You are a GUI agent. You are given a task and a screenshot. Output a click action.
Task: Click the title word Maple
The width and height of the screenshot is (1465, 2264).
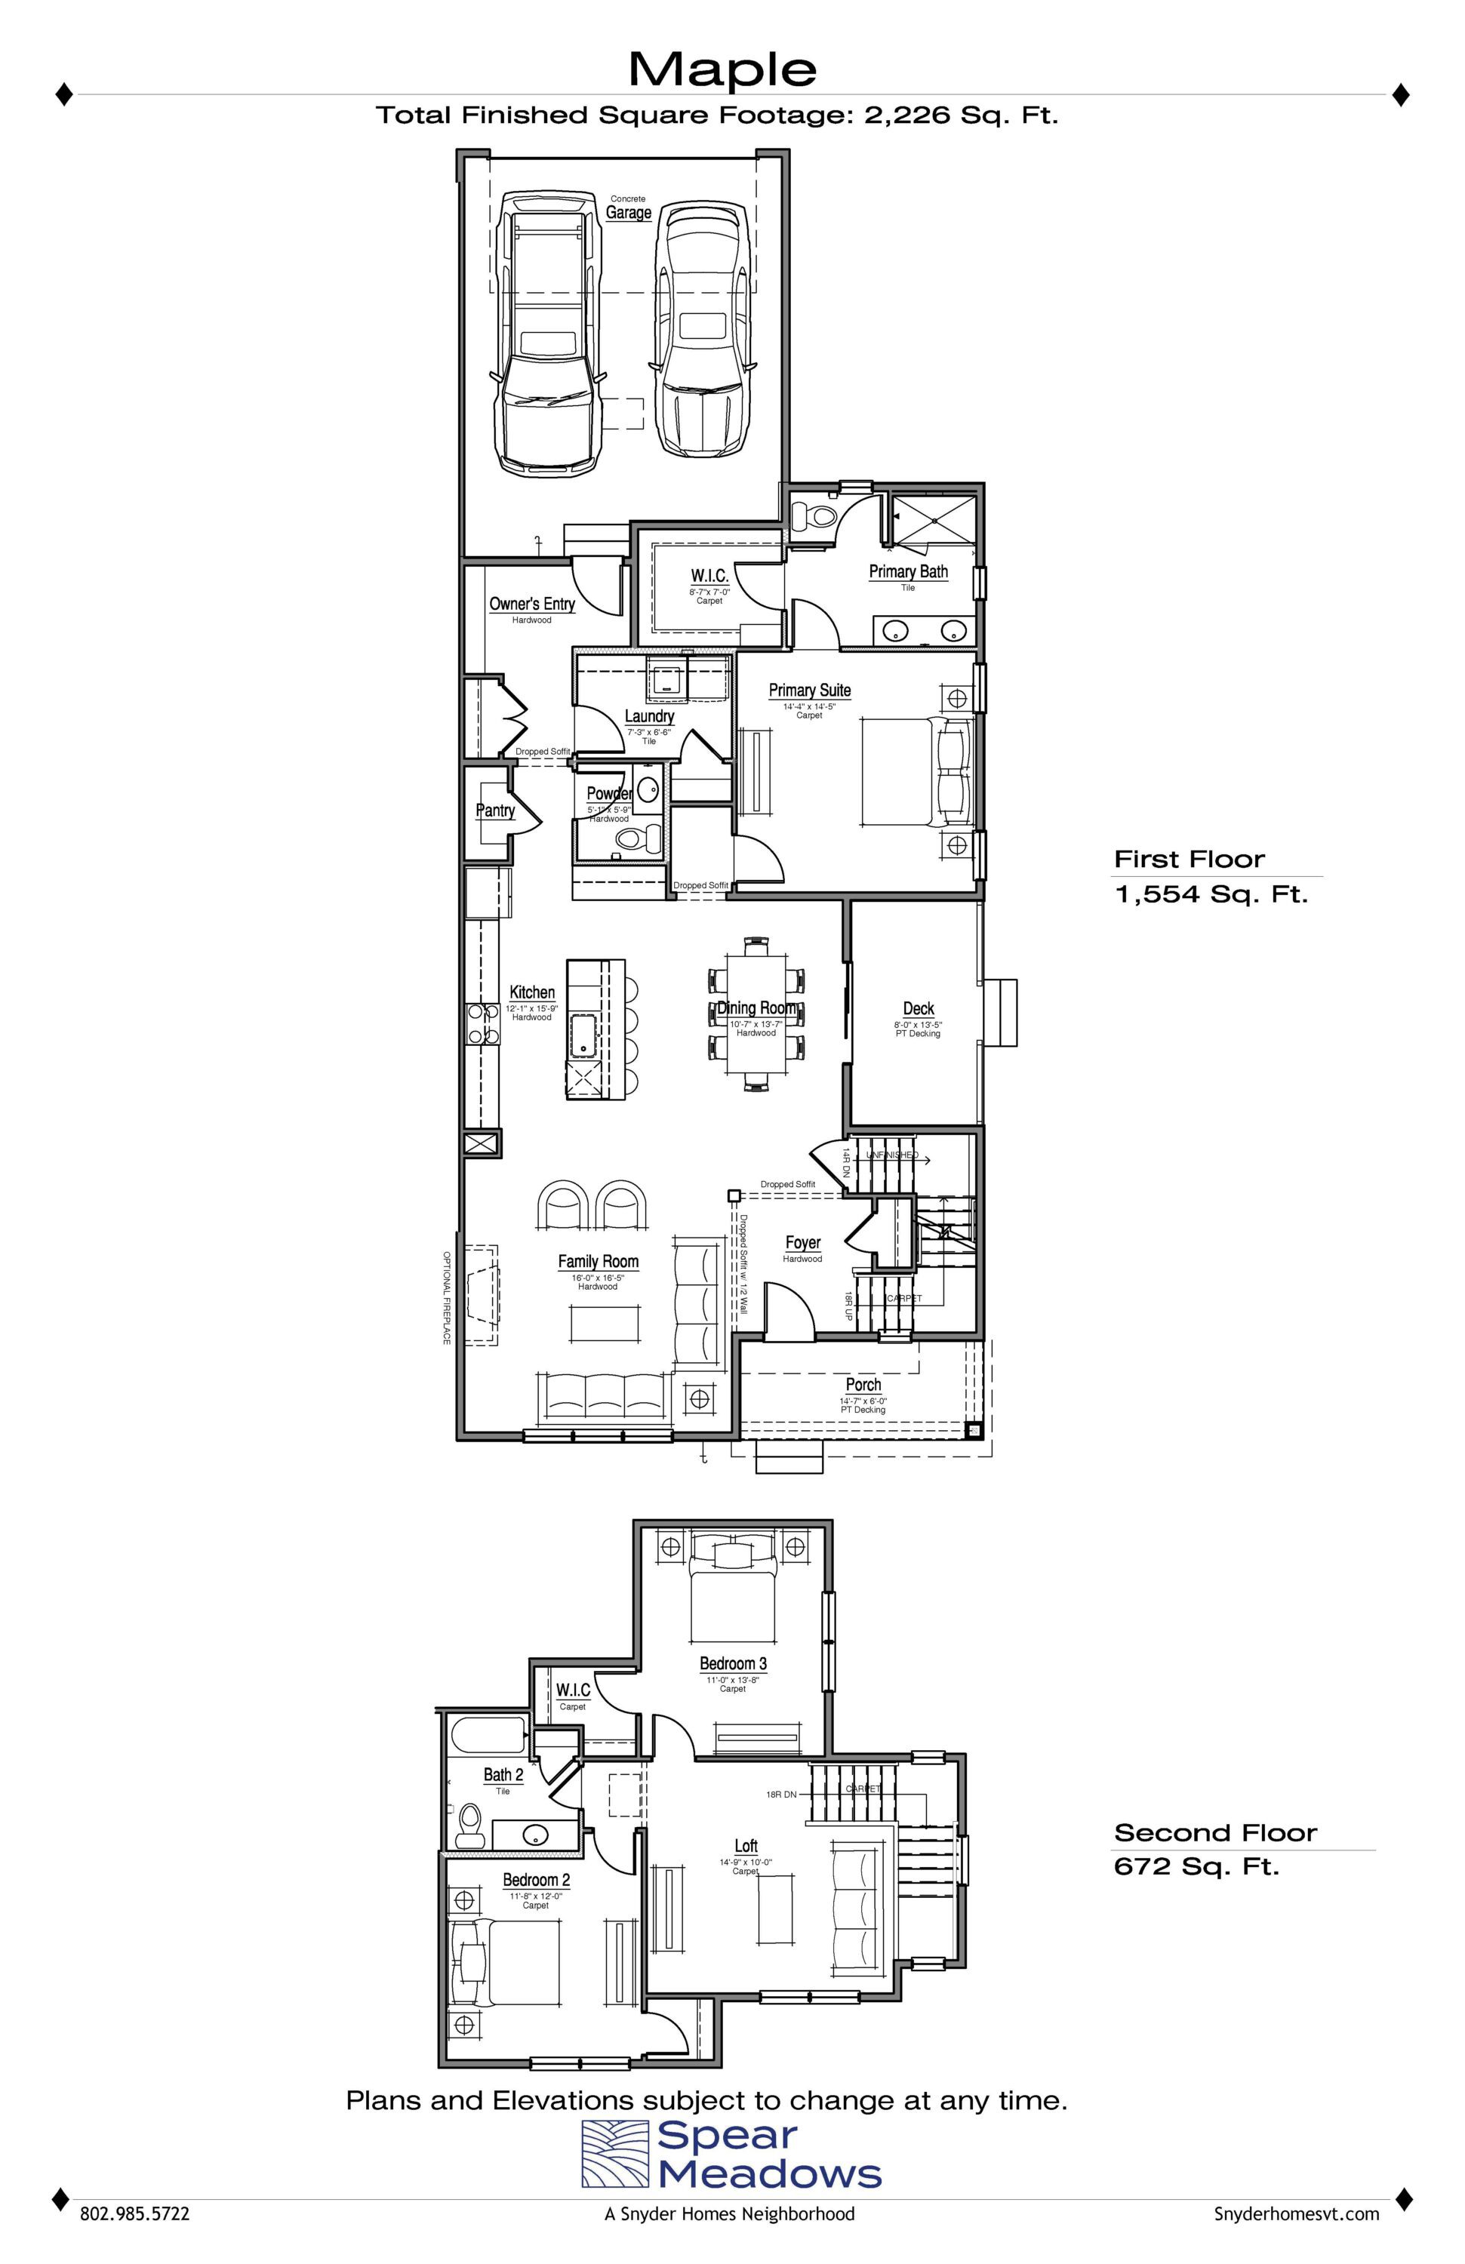722,69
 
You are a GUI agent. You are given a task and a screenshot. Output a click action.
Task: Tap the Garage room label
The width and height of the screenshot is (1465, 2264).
629,212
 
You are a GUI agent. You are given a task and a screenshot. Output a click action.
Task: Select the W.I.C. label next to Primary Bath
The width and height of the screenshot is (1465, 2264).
709,576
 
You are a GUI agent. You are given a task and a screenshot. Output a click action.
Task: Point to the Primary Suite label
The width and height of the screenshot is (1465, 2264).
810,690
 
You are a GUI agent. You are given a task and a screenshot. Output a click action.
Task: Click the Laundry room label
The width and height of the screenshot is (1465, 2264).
650,716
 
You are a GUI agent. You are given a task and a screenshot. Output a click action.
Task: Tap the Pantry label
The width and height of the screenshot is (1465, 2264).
494,811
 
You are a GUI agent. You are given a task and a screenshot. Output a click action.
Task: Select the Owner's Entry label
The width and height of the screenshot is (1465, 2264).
532,603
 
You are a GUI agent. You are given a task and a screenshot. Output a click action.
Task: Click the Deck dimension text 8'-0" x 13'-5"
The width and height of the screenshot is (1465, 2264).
918,1025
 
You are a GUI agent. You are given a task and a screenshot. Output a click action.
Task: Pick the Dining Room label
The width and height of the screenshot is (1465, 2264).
757,1007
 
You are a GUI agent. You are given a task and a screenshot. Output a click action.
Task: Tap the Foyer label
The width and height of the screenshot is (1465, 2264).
803,1242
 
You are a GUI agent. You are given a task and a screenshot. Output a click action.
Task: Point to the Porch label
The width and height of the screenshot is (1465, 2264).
863,1385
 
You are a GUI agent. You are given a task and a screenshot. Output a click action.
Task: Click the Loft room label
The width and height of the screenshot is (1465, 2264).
746,1845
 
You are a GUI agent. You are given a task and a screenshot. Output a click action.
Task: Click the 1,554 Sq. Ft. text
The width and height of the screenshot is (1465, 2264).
1211,894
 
